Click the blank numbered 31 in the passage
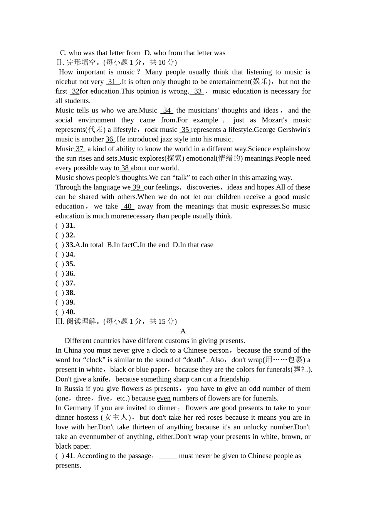coord(112,82)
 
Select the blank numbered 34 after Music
coord(167,111)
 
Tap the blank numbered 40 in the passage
coord(128,207)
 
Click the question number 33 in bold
coord(70,245)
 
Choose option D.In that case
coord(193,245)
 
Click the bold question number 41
coord(69,456)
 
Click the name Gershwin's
coord(295,130)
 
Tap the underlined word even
coord(164,399)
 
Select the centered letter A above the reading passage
coord(183,331)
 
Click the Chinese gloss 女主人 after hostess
coord(116,417)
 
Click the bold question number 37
coord(70,283)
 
